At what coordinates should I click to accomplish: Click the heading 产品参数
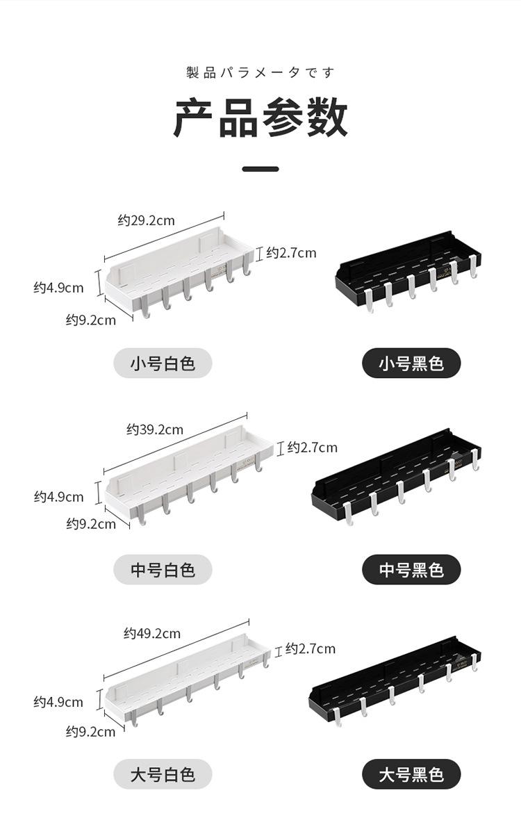[x=260, y=118]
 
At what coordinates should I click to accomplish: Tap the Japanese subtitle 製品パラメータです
[x=260, y=72]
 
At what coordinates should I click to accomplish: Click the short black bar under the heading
[x=260, y=169]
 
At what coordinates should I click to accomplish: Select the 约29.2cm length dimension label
[x=146, y=221]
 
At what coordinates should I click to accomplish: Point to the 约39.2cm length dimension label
[x=155, y=430]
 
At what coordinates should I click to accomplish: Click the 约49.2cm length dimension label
[x=152, y=633]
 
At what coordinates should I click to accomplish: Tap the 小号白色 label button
[x=163, y=363]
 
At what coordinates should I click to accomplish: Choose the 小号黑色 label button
[x=411, y=363]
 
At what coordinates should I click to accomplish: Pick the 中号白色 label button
[x=163, y=570]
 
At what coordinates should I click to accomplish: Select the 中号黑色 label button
[x=411, y=570]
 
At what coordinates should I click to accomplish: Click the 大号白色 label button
[x=163, y=774]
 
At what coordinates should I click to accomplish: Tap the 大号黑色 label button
[x=411, y=774]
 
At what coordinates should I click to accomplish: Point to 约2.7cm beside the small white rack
[x=291, y=253]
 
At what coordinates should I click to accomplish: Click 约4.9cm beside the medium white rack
[x=59, y=497]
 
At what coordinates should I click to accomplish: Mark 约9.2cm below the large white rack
[x=91, y=732]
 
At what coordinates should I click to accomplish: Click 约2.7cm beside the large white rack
[x=311, y=649]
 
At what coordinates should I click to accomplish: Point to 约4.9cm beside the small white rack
[x=59, y=288]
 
